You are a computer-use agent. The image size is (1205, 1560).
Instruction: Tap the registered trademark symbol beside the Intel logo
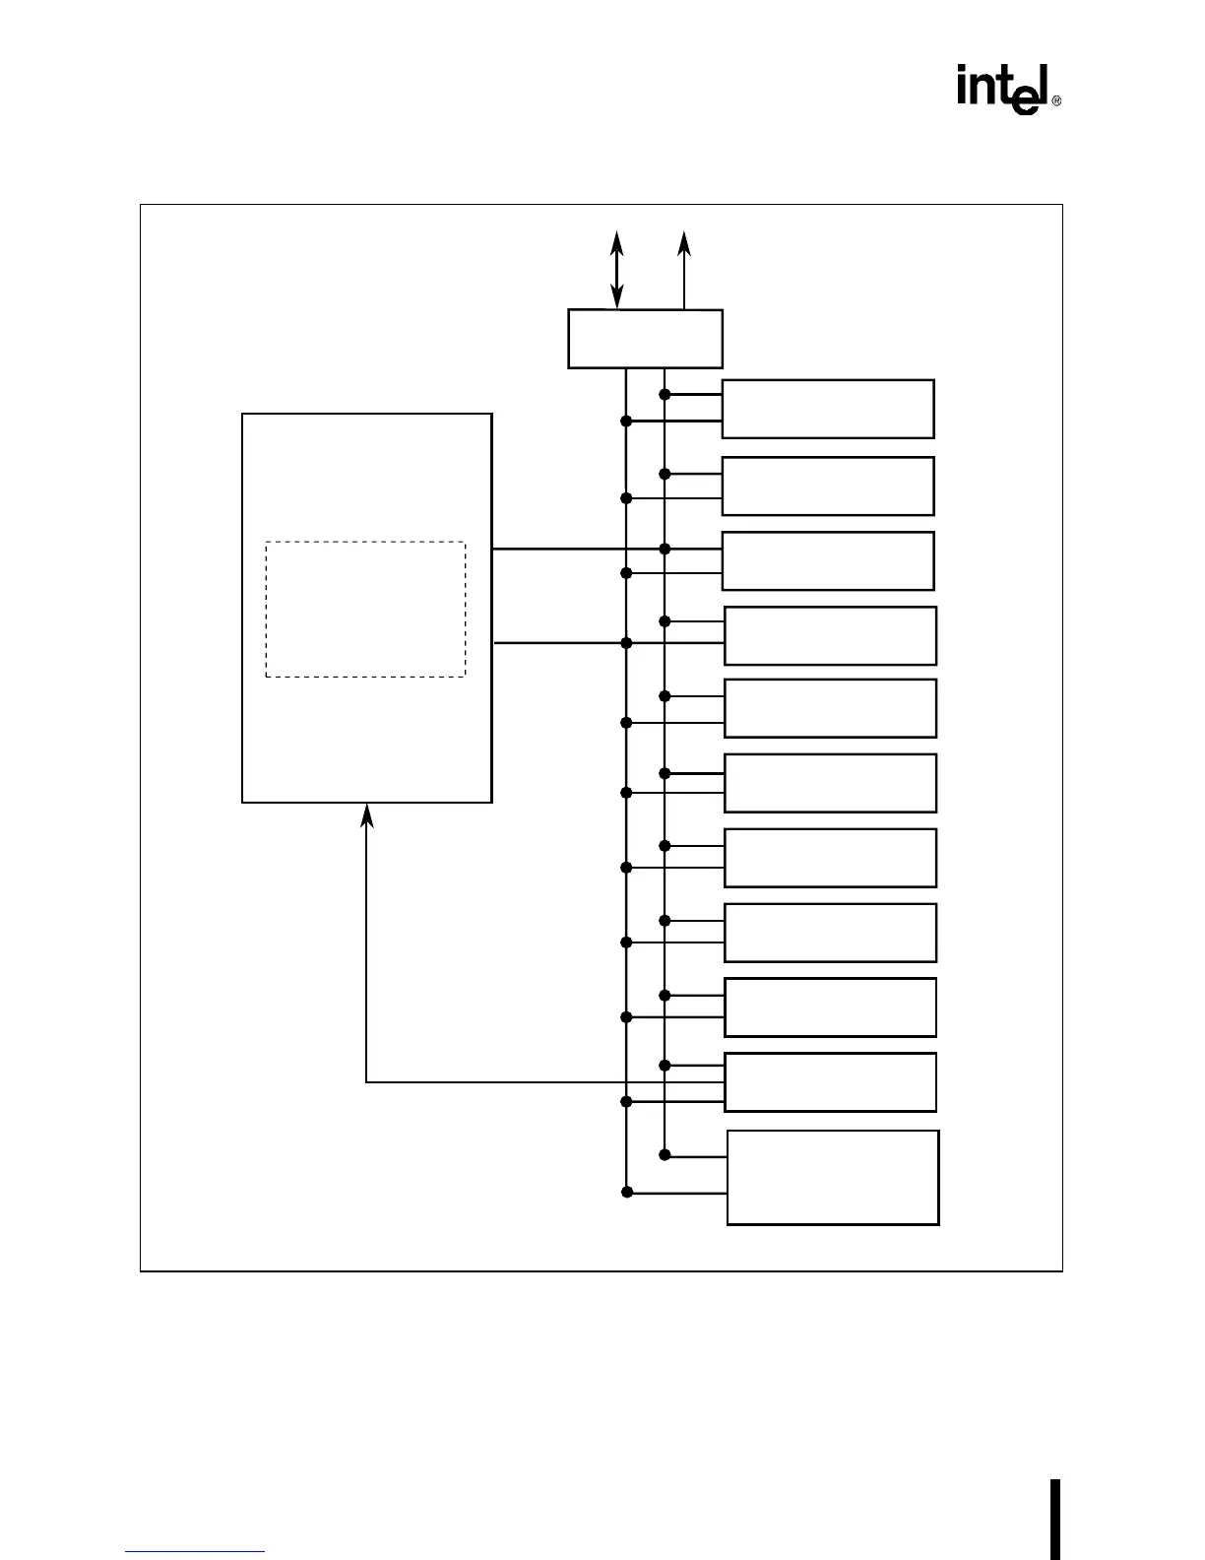tap(1056, 101)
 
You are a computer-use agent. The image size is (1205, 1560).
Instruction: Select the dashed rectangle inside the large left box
tap(365, 609)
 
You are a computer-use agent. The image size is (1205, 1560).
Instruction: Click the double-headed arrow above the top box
tap(617, 269)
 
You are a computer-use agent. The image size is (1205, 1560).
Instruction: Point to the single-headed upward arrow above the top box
tap(684, 269)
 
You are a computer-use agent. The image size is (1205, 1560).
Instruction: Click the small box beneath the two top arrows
tap(645, 339)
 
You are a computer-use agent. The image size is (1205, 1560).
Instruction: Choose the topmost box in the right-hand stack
tap(828, 409)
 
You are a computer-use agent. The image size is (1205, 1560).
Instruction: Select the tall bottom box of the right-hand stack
tap(833, 1178)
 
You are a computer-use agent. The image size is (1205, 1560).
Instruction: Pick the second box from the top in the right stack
tap(828, 486)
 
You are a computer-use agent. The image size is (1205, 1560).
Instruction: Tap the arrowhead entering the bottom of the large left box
tap(367, 814)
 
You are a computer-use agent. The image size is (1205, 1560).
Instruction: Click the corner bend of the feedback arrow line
tap(367, 1082)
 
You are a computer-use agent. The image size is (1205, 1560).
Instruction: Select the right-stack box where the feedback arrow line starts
tap(830, 1081)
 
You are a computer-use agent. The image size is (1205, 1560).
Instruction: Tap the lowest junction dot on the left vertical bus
tap(626, 1193)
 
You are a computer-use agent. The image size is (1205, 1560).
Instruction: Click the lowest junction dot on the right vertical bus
tap(665, 1154)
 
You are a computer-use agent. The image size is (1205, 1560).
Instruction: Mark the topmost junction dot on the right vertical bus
tap(665, 395)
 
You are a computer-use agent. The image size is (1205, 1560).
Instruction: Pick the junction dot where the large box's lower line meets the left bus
tap(626, 643)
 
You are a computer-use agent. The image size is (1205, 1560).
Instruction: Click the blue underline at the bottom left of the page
tap(195, 1552)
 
